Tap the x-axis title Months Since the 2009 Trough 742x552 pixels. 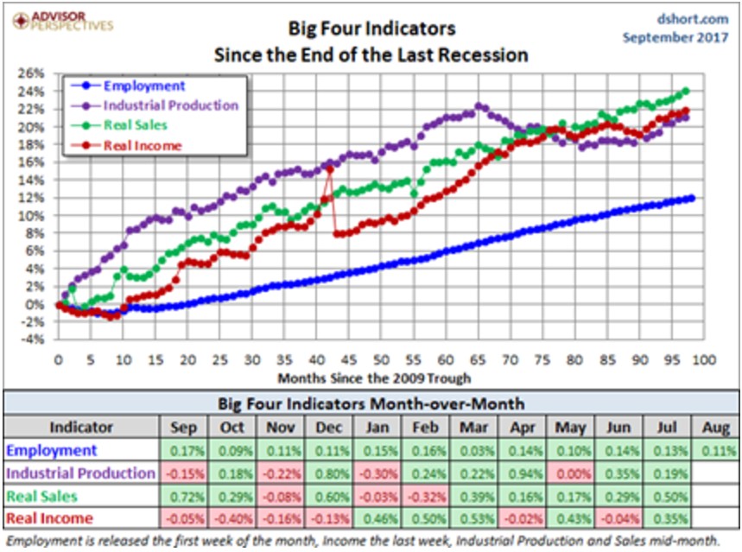click(374, 378)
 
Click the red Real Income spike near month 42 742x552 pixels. click(329, 168)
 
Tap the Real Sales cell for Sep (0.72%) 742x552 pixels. click(181, 497)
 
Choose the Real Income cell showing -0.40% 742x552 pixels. click(229, 519)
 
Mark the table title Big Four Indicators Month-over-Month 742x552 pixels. click(371, 403)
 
